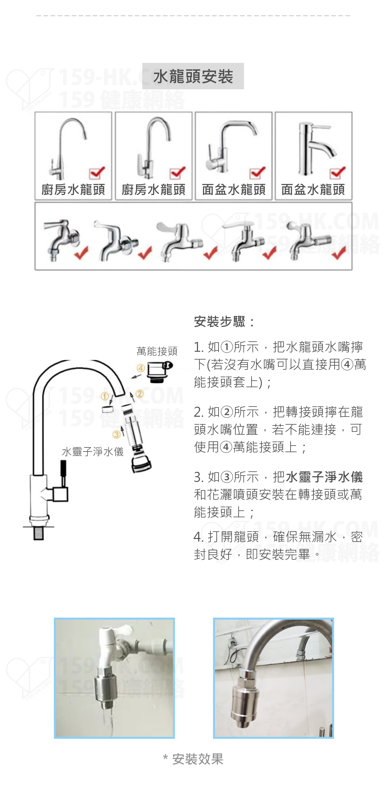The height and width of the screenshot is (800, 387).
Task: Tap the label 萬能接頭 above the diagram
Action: click(157, 351)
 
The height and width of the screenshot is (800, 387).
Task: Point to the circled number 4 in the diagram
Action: click(141, 368)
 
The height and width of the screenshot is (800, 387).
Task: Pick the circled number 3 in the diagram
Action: click(116, 434)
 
